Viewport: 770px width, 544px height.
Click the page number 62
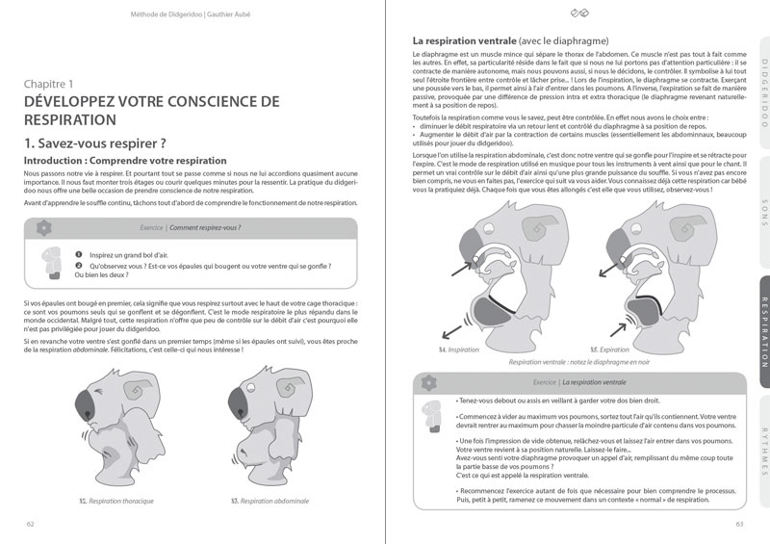(x=31, y=524)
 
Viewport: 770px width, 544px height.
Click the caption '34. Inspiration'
(x=458, y=350)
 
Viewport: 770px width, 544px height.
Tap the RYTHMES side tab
(x=763, y=453)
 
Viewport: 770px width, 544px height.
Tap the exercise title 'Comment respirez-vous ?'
(x=205, y=228)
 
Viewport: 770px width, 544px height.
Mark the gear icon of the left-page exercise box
(x=41, y=228)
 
